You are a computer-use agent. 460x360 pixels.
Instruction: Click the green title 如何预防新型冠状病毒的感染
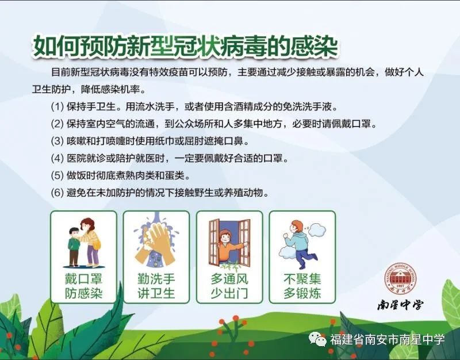click(x=185, y=47)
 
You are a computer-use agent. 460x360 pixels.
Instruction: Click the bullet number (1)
click(x=57, y=106)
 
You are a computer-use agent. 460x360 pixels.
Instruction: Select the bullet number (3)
click(x=57, y=141)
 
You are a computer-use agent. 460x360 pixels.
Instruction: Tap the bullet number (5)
click(x=57, y=175)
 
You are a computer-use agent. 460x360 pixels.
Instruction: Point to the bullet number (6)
click(x=57, y=193)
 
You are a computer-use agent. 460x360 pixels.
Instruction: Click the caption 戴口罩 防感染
click(x=83, y=286)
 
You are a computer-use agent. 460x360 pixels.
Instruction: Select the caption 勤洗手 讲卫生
click(x=156, y=286)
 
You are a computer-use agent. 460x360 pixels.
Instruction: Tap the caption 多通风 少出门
click(x=229, y=286)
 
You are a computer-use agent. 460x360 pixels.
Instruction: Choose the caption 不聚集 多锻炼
click(x=302, y=286)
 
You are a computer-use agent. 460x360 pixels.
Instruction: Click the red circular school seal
click(x=400, y=277)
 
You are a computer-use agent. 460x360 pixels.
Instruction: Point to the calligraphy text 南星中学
click(x=400, y=305)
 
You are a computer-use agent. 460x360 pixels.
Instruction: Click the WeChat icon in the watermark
click(x=317, y=339)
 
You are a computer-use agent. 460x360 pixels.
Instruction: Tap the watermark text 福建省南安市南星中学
click(x=387, y=339)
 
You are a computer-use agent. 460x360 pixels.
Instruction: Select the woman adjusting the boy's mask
click(x=90, y=242)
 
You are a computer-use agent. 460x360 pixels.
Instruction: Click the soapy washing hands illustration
click(x=156, y=242)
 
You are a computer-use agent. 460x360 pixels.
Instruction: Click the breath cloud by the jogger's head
click(x=317, y=229)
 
